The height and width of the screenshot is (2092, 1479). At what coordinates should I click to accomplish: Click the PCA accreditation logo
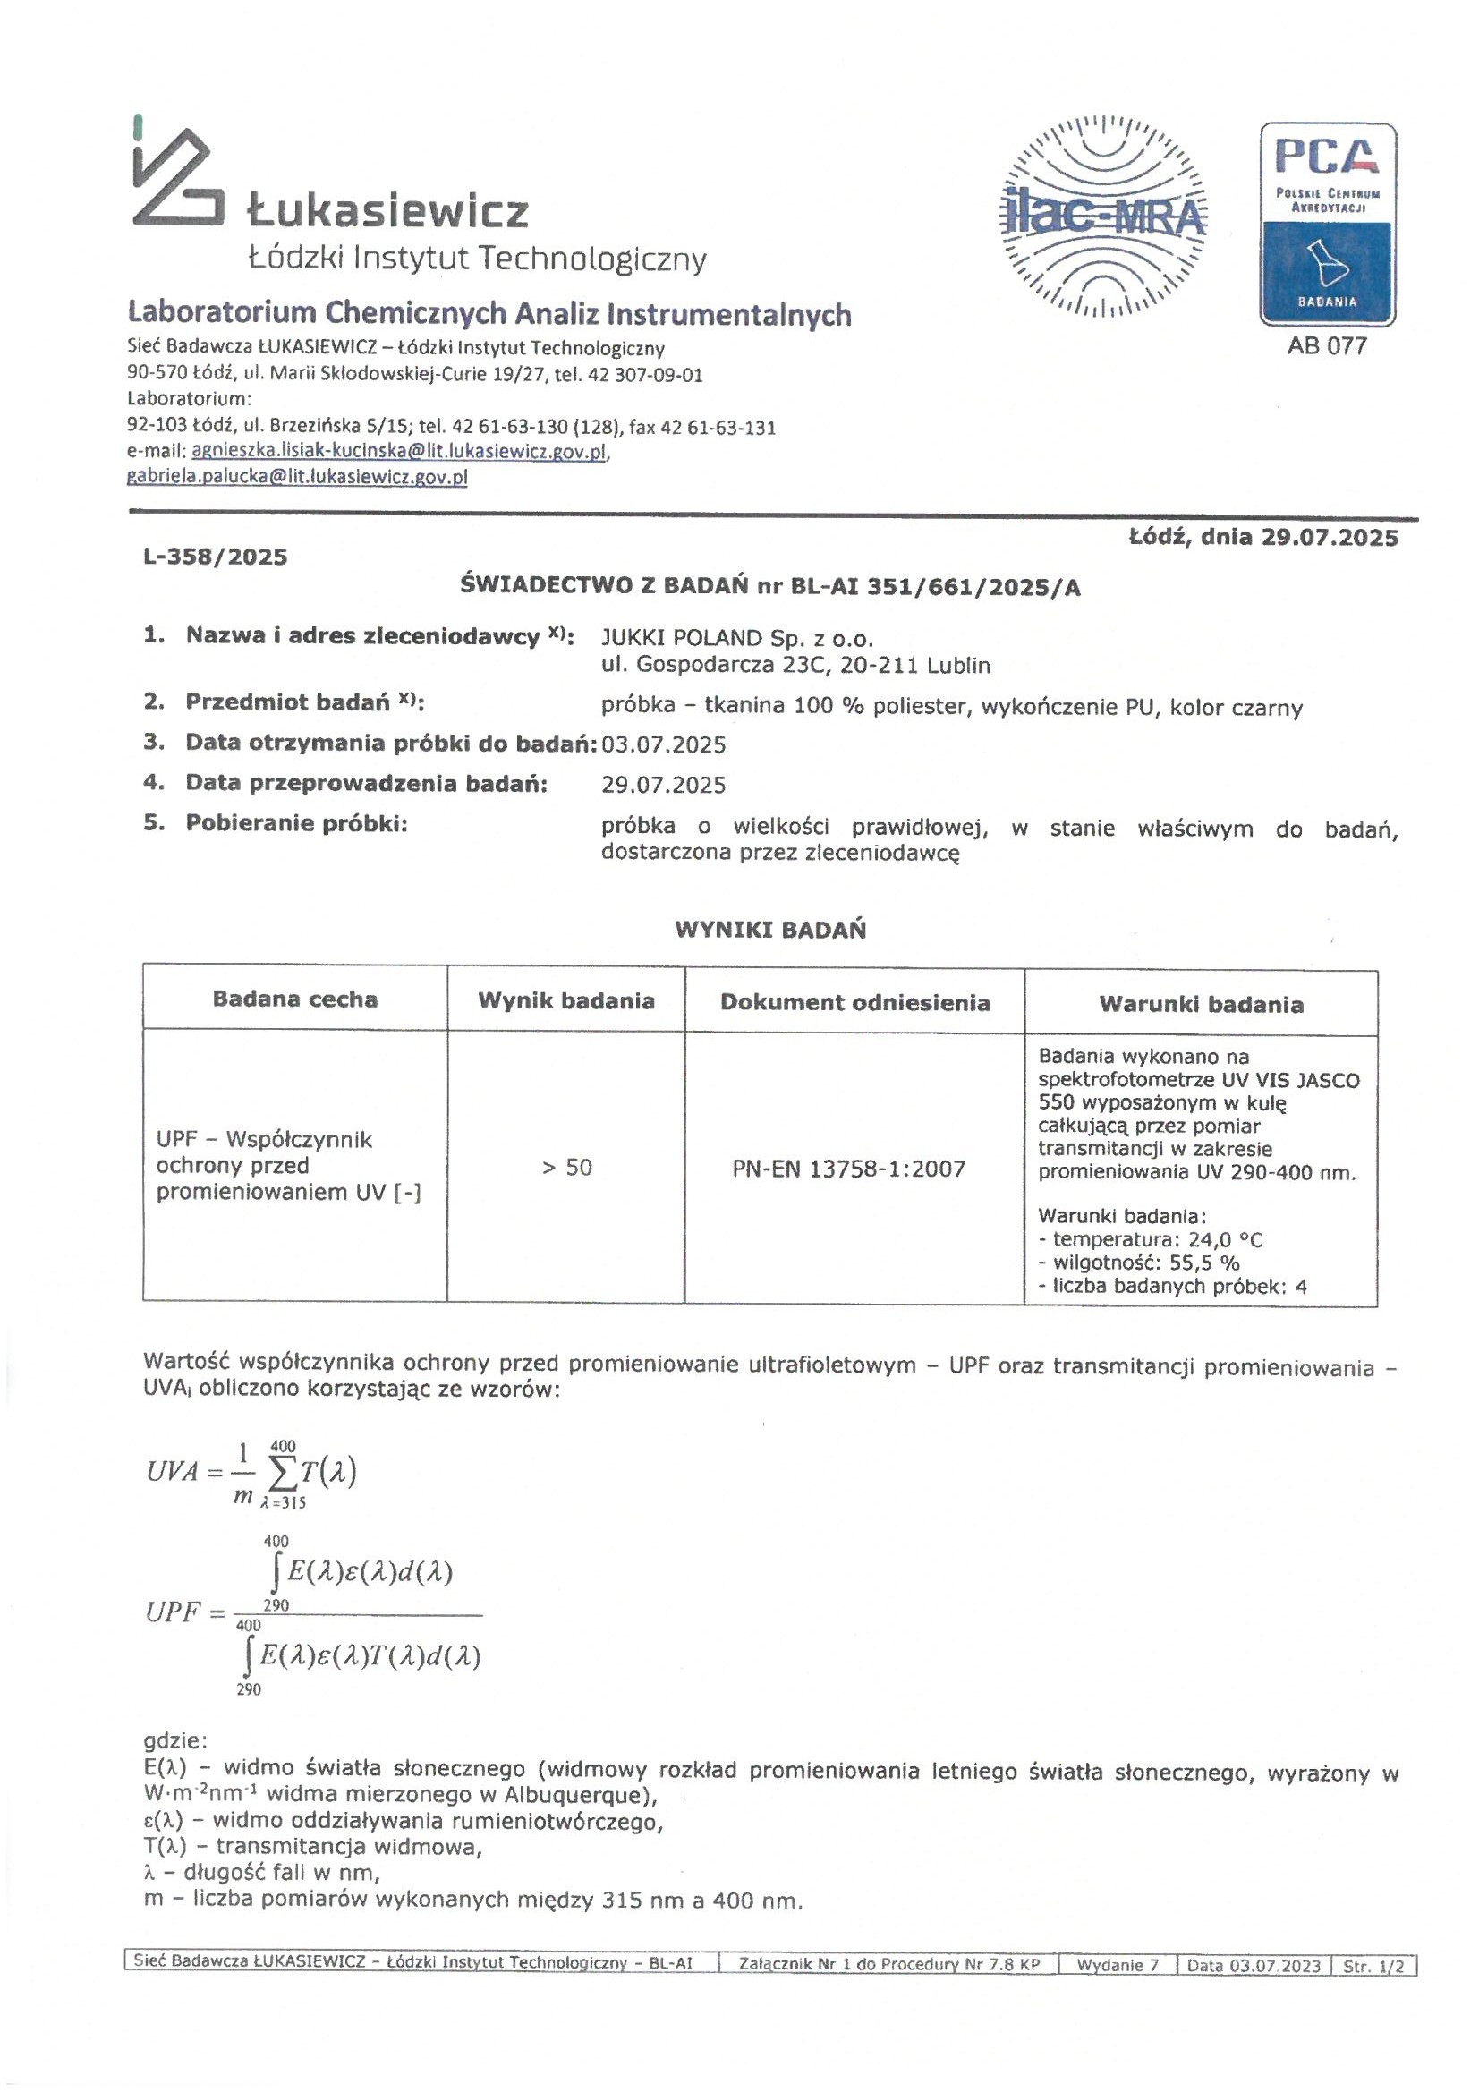1327,223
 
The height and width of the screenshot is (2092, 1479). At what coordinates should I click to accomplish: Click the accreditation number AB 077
1327,346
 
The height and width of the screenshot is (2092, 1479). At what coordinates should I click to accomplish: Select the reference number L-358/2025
215,557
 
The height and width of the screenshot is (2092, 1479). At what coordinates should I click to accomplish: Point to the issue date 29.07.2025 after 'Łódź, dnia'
1330,538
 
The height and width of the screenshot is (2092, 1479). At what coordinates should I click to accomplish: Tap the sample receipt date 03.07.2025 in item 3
663,744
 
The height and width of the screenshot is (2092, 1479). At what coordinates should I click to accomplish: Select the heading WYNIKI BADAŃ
770,930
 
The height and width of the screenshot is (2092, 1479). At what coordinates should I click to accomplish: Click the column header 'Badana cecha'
295,999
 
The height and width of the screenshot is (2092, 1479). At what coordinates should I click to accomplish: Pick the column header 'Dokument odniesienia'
854,1002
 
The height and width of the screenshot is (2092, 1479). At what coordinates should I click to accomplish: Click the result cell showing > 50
566,1167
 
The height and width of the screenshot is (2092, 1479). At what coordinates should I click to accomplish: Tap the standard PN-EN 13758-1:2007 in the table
848,1169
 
